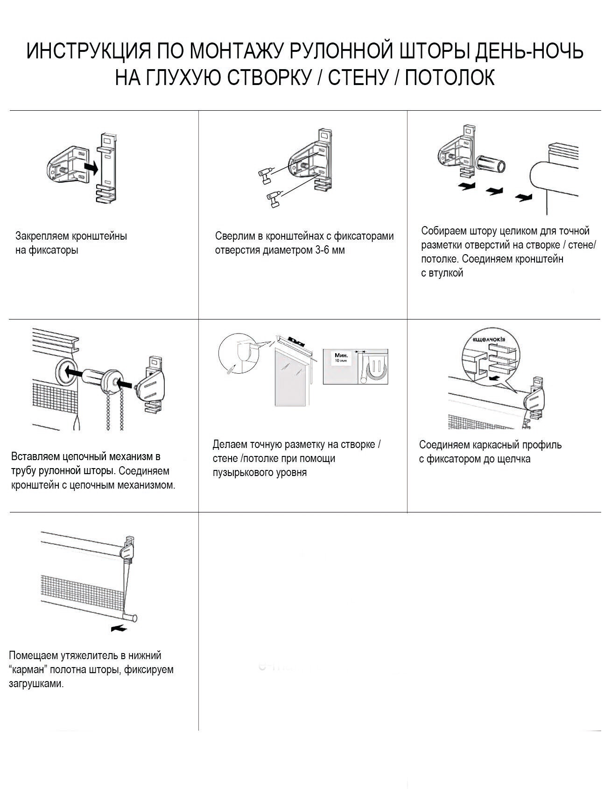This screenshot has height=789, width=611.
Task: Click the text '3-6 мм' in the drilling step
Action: point(330,250)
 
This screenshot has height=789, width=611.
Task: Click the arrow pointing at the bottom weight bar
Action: point(119,628)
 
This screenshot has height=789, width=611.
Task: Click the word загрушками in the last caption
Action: point(35,683)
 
